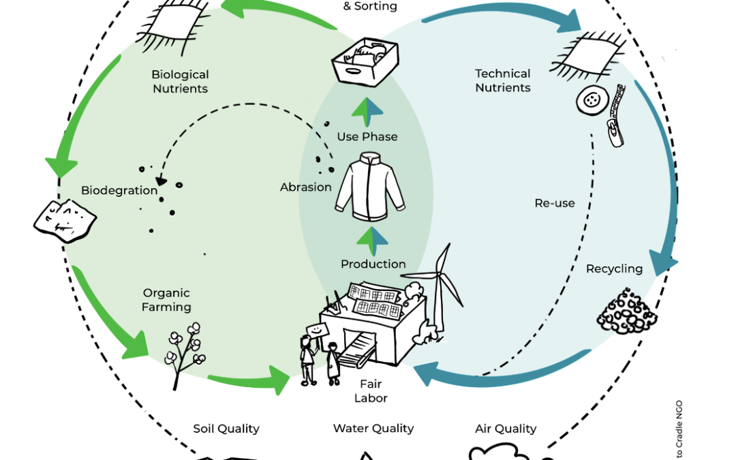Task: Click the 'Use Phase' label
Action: pyautogui.click(x=367, y=137)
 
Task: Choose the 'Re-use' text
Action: pyautogui.click(x=555, y=203)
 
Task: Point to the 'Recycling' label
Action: pyautogui.click(x=614, y=269)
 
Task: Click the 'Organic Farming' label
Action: pyautogui.click(x=166, y=300)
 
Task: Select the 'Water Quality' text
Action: pyautogui.click(x=373, y=429)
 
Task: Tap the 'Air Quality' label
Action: pyautogui.click(x=505, y=429)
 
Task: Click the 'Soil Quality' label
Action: pyautogui.click(x=226, y=429)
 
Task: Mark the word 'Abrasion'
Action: pyautogui.click(x=305, y=187)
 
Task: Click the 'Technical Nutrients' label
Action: pyautogui.click(x=502, y=80)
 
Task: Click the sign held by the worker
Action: pyautogui.click(x=316, y=329)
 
